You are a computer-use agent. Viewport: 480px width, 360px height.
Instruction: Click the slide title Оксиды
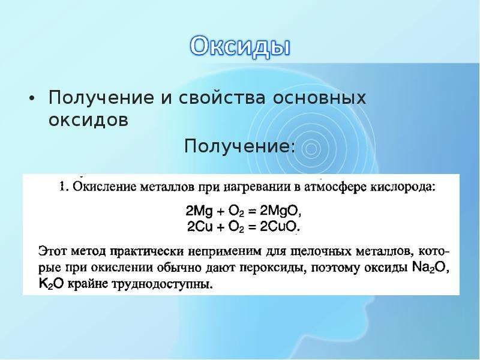pyautogui.click(x=239, y=47)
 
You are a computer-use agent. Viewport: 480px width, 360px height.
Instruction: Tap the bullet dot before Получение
pyautogui.click(x=31, y=100)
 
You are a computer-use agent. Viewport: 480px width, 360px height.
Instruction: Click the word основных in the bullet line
pyautogui.click(x=319, y=98)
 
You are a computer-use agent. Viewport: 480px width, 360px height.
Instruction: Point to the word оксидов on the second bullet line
pyautogui.click(x=88, y=120)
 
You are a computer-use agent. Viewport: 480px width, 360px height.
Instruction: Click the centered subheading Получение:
pyautogui.click(x=239, y=146)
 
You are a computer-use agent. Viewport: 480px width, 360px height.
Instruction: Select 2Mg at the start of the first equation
pyautogui.click(x=199, y=211)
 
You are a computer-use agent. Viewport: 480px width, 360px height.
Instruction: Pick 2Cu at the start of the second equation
pyautogui.click(x=200, y=227)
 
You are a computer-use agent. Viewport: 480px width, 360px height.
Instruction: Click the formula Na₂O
pyautogui.click(x=430, y=267)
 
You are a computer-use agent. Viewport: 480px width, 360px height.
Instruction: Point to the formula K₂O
pyautogui.click(x=51, y=284)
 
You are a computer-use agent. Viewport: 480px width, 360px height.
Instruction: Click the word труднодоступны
pyautogui.click(x=163, y=284)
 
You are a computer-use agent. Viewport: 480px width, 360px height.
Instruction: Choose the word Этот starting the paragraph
pyautogui.click(x=52, y=251)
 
